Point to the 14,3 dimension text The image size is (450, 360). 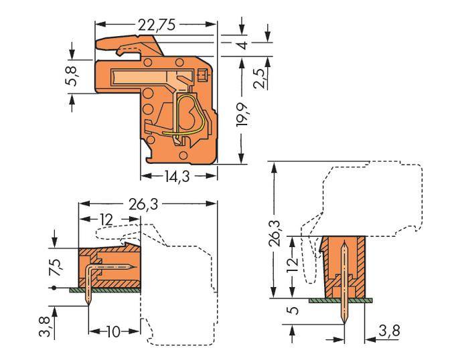click(x=178, y=178)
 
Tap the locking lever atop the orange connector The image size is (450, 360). click(x=127, y=45)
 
